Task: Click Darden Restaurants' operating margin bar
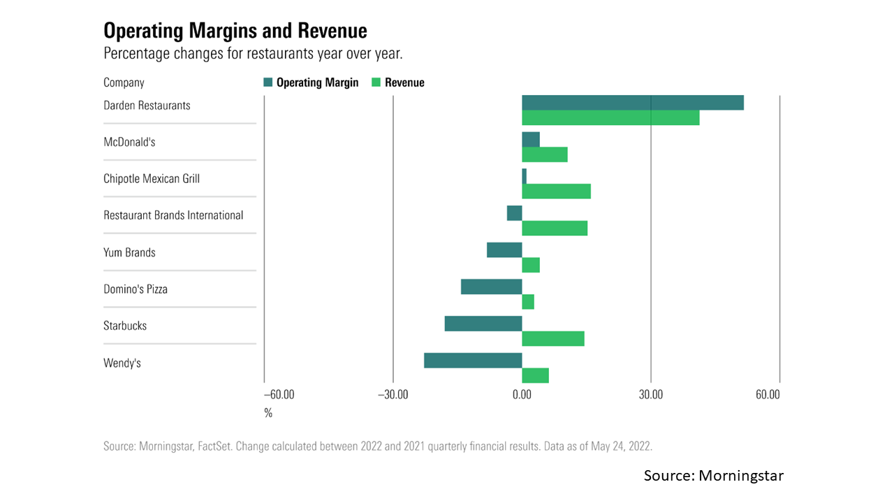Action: point(633,103)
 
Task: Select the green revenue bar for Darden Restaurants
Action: point(610,118)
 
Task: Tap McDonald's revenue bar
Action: point(545,154)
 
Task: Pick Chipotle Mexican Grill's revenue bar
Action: point(556,191)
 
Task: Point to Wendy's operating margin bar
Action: point(473,360)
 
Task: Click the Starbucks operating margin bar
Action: point(483,323)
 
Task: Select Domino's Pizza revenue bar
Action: point(528,302)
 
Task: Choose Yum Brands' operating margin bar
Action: point(504,249)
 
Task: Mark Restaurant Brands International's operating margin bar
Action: point(515,213)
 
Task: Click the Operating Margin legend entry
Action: point(311,82)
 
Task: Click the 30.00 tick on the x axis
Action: point(651,395)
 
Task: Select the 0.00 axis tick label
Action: point(522,395)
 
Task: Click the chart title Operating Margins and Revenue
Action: point(235,31)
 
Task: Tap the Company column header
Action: point(124,82)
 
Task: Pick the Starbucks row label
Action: point(125,326)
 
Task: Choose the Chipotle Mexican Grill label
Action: point(152,179)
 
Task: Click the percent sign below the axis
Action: point(268,413)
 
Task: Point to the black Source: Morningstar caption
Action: point(714,476)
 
